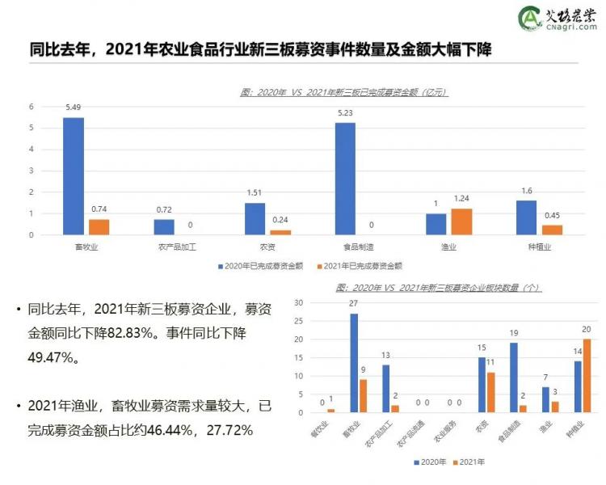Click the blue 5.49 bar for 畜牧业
click(74, 176)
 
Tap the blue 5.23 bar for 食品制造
click(346, 179)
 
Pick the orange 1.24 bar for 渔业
click(462, 221)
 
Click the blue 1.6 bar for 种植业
click(527, 217)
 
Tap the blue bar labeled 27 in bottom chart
click(354, 363)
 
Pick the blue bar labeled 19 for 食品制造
click(515, 377)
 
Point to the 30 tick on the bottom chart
click(298, 302)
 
